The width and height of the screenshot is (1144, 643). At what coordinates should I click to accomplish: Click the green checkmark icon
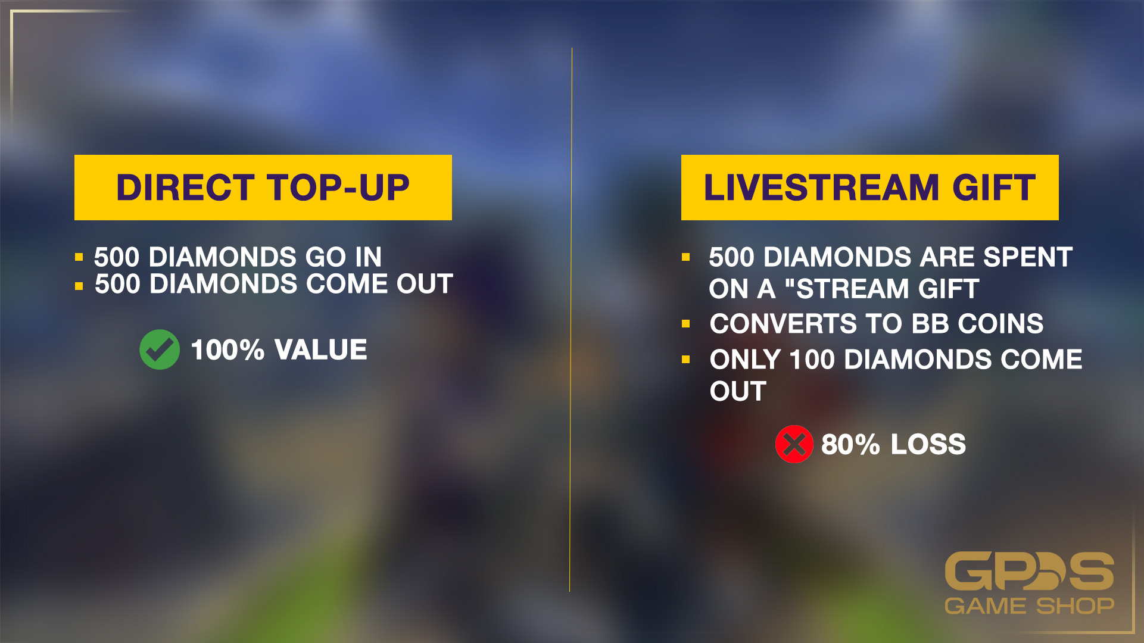[x=160, y=349]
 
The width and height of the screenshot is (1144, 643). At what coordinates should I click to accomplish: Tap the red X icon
[x=794, y=444]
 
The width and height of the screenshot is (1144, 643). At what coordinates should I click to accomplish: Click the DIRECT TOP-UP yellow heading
[x=263, y=188]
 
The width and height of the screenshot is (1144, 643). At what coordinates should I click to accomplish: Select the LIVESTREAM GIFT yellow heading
[x=870, y=188]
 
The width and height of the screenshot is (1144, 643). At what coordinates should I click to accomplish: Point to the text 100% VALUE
[x=279, y=349]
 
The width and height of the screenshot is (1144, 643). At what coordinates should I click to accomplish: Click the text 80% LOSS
[x=893, y=444]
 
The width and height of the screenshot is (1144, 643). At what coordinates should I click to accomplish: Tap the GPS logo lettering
[x=1030, y=572]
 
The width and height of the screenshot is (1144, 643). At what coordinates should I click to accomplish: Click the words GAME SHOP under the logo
[x=1030, y=606]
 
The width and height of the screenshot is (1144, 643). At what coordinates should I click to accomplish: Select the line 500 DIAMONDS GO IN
[x=238, y=257]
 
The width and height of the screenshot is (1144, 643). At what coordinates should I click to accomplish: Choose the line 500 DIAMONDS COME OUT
[x=274, y=284]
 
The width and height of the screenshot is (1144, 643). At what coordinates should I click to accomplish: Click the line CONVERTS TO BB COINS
[x=877, y=324]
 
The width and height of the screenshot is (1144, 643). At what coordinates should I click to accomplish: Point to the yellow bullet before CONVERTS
[x=686, y=324]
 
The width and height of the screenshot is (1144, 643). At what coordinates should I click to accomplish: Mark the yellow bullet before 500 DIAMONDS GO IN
[x=79, y=257]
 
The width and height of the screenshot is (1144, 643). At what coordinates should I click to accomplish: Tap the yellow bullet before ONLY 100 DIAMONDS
[x=686, y=360]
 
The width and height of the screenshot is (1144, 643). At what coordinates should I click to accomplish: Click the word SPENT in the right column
[x=1028, y=257]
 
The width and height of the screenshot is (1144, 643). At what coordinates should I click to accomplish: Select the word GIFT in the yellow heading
[x=994, y=188]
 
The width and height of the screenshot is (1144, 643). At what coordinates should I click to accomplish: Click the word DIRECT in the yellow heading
[x=186, y=188]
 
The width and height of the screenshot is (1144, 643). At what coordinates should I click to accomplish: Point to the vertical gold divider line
[x=571, y=320]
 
